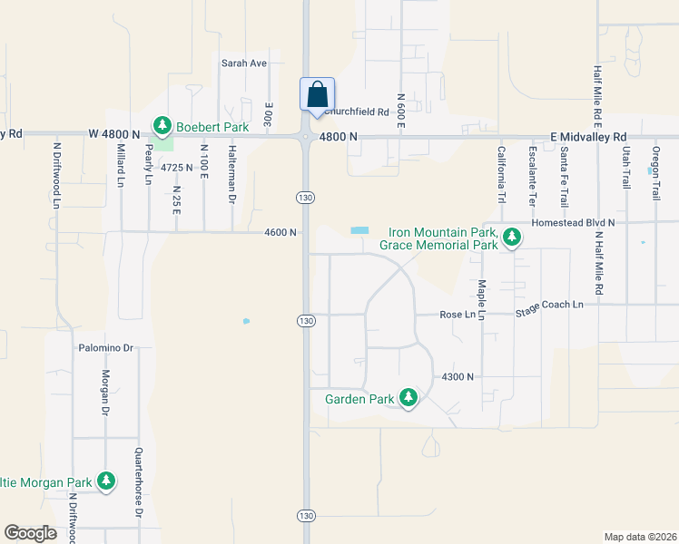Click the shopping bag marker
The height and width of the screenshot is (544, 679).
318,94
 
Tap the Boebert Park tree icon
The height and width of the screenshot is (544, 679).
162,124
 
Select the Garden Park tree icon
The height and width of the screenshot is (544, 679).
408,397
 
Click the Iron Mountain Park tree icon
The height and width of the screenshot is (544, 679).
513,238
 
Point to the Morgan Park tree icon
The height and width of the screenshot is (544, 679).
106,481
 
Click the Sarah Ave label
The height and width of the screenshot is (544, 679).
244,63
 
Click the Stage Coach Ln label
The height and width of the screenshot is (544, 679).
549,306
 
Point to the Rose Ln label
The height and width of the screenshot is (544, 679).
458,315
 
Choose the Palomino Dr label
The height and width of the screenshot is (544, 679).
105,347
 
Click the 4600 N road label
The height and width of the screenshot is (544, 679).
280,232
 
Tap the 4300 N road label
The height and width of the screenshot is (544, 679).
458,376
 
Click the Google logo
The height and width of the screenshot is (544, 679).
30,532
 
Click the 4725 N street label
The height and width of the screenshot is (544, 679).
178,168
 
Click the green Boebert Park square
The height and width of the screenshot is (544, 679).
162,142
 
